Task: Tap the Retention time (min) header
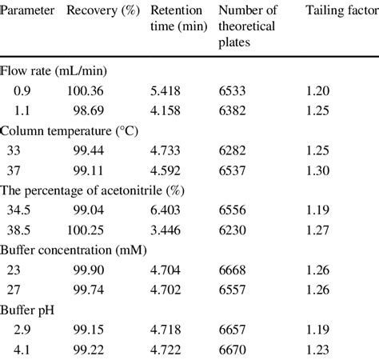(178, 18)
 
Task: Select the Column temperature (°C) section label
(70, 130)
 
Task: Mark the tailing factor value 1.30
(325, 170)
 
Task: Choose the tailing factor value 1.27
(325, 230)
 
